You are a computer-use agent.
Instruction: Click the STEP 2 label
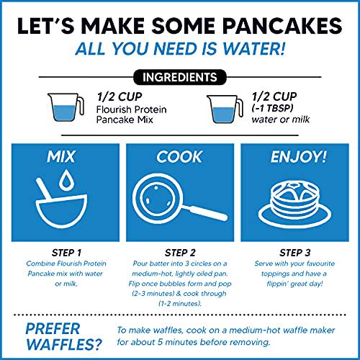pos(179,253)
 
